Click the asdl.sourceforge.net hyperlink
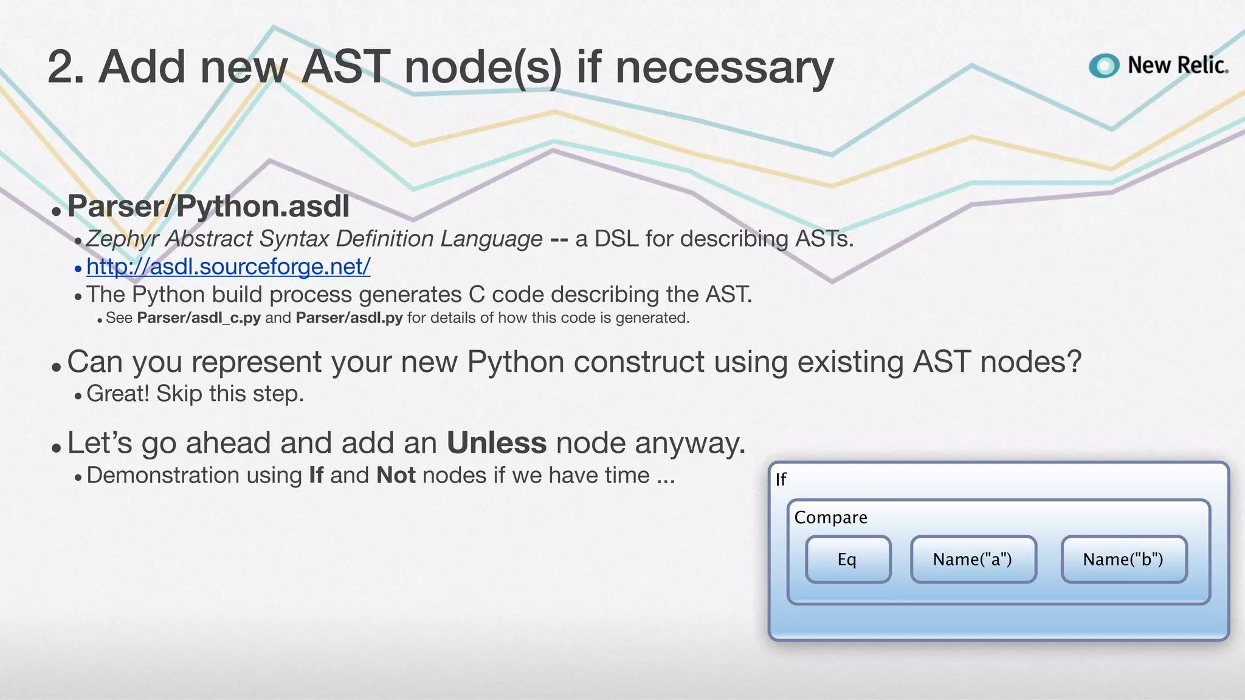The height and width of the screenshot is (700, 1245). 228,267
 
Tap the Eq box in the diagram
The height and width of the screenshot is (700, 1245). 847,560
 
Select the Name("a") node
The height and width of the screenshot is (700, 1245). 973,560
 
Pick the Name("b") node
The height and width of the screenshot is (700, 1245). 1123,560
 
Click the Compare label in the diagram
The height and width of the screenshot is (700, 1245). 830,518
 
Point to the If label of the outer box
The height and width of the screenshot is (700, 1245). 781,480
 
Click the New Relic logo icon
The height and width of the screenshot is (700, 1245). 1103,66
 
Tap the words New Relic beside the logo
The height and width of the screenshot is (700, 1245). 1178,65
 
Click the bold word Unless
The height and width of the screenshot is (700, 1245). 497,443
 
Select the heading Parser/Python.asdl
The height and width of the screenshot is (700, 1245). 209,207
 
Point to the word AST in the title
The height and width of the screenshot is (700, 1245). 346,67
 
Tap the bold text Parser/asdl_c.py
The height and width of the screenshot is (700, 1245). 199,318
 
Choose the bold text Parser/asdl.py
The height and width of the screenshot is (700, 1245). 349,318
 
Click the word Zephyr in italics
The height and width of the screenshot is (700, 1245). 122,239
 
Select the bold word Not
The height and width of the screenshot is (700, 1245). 396,475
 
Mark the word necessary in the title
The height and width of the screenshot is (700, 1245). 724,68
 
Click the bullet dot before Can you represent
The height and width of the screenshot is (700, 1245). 57,367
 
